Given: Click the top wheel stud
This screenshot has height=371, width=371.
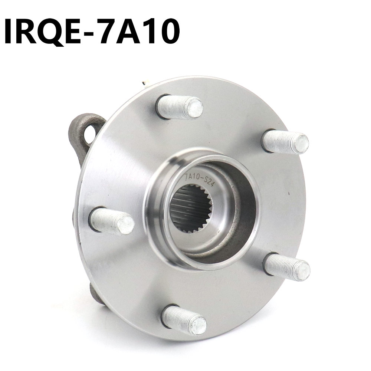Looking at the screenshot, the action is [x=180, y=107].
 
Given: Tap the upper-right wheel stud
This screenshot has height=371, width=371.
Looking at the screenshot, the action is [x=285, y=141].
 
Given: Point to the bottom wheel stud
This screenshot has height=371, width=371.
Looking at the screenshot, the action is [x=184, y=320].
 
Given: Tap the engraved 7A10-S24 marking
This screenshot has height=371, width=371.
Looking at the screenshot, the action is [x=199, y=179].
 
